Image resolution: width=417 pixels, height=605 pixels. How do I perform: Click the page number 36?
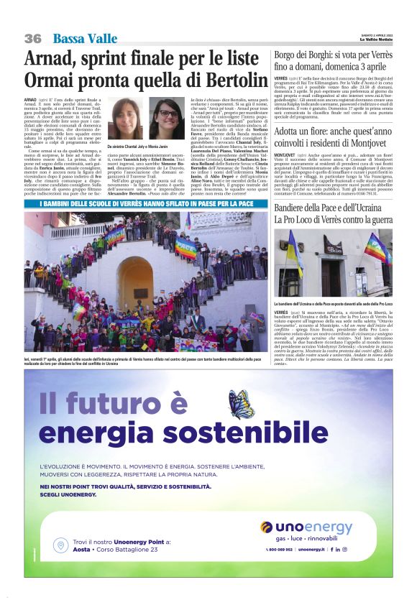tap(32, 39)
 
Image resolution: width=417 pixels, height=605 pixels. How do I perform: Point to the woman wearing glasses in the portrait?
tap(169, 117)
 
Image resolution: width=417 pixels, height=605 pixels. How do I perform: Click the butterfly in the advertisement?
tap(242, 404)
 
